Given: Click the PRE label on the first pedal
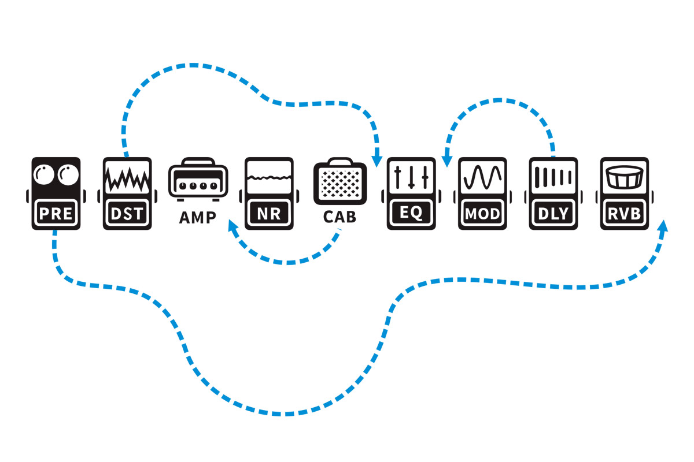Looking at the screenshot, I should click(56, 214).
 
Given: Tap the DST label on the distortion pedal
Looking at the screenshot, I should click(127, 214).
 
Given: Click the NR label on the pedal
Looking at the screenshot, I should click(269, 214).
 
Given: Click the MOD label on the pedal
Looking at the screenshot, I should click(482, 214).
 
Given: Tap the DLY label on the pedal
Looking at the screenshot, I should click(553, 214).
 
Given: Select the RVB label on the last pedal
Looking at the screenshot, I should click(625, 214).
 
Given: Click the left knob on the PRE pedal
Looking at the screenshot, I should click(44, 175).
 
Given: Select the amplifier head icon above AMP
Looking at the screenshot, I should click(198, 181).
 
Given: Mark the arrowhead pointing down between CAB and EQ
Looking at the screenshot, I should click(377, 158).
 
